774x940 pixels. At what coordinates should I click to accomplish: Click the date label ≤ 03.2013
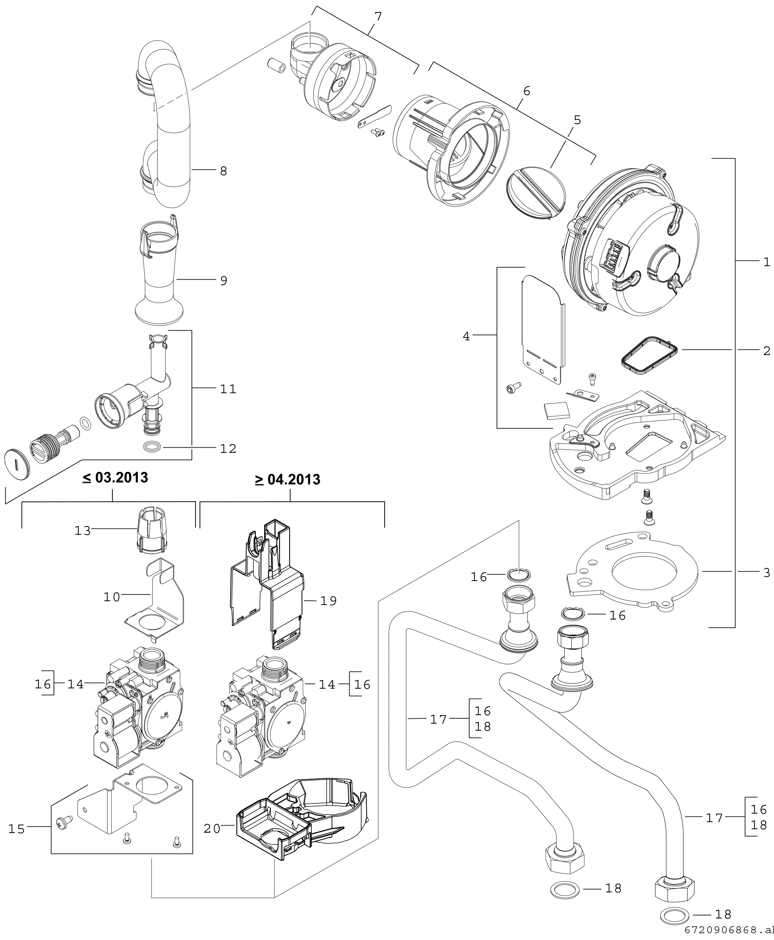[115, 478]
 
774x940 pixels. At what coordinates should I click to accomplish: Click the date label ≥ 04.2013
[287, 480]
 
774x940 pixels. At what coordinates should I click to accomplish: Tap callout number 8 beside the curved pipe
[224, 171]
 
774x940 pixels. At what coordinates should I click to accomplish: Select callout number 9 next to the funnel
[224, 280]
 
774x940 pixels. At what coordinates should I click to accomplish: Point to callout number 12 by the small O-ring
[228, 448]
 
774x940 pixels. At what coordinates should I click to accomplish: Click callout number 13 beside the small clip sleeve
[83, 531]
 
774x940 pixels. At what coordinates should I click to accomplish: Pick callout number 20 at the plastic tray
[212, 828]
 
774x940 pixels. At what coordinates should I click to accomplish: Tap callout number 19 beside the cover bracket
[329, 601]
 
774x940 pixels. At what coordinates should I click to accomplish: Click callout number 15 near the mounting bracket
[17, 829]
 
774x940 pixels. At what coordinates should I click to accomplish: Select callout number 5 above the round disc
[577, 120]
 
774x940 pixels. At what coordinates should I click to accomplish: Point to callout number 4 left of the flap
[466, 336]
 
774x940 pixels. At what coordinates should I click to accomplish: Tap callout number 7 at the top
[378, 17]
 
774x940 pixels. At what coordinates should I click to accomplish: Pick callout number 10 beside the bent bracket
[112, 597]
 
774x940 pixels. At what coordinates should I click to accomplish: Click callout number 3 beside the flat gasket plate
[767, 572]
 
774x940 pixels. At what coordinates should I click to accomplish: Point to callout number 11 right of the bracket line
[228, 389]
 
